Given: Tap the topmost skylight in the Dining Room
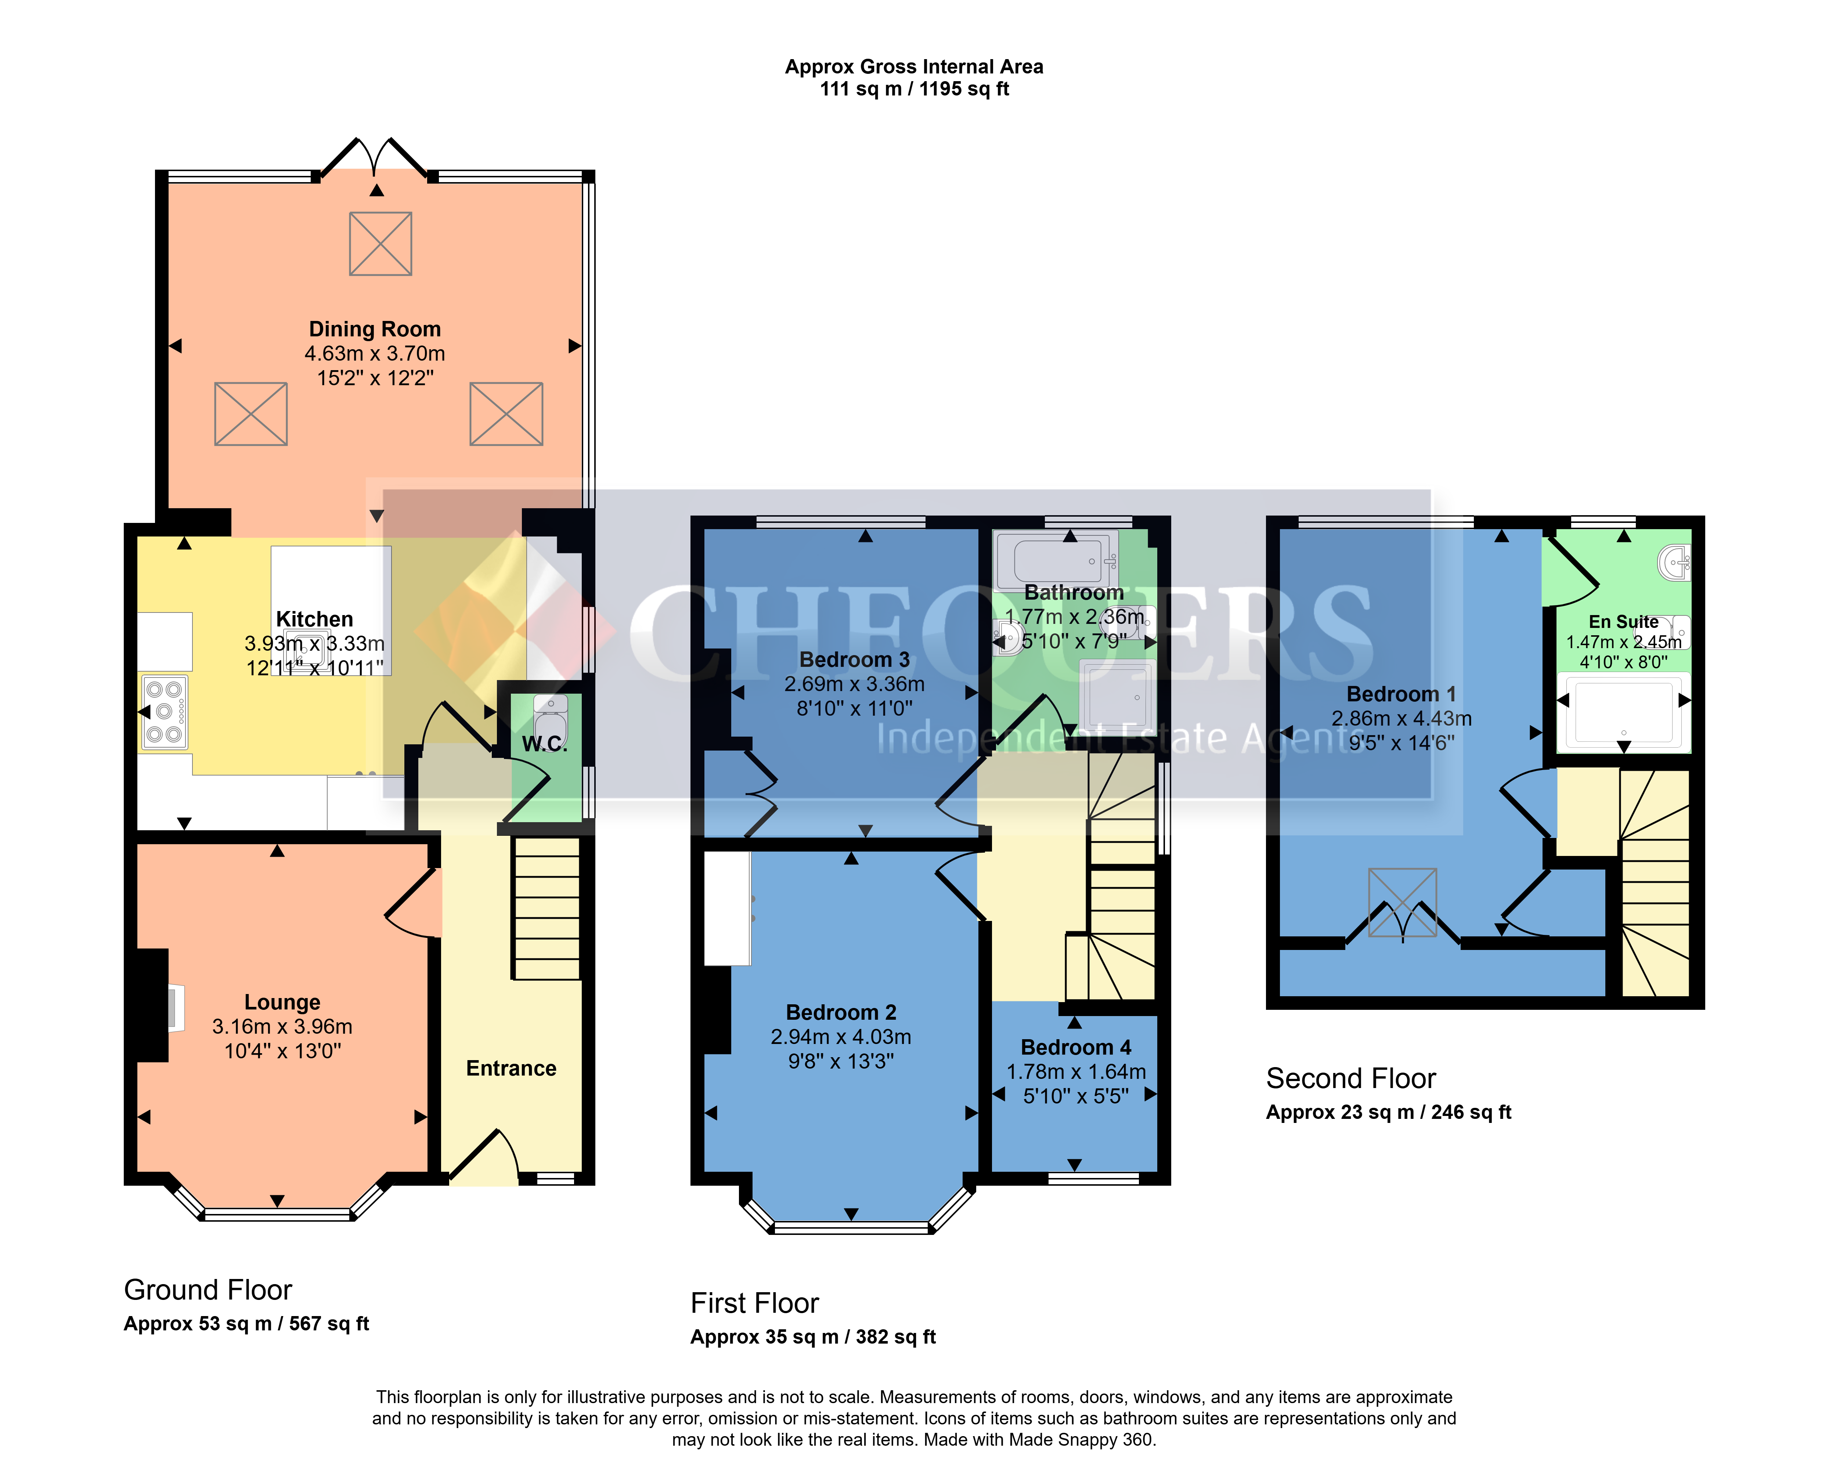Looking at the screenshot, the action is tap(380, 243).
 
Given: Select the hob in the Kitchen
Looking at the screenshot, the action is tap(164, 712).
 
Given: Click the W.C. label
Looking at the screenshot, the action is tap(544, 743).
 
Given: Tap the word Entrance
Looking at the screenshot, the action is tap(511, 1069).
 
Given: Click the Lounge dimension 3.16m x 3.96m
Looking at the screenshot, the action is tap(282, 1027).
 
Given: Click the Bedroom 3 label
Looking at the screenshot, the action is tap(854, 660).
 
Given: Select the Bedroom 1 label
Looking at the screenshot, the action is tap(1401, 694).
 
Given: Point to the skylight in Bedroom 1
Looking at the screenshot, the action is tap(1402, 901).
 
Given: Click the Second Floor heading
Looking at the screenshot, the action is tap(1350, 1079).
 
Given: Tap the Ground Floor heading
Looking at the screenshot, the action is tap(208, 1290).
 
